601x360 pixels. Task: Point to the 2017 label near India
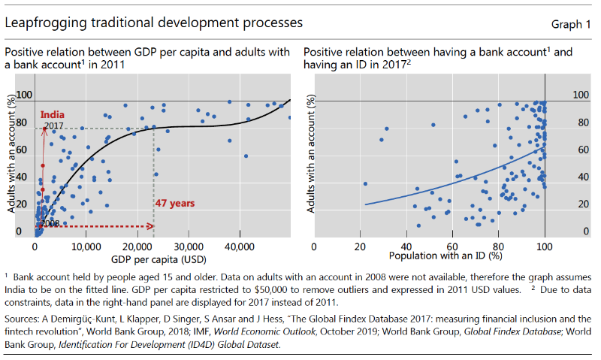53,125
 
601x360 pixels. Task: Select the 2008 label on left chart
50,223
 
